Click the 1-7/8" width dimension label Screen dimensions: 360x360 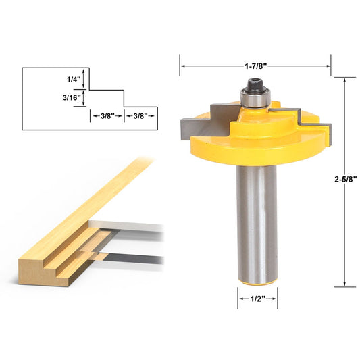(x=255, y=66)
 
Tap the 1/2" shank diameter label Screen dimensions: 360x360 (x=257, y=299)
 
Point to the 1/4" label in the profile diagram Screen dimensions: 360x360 (x=74, y=79)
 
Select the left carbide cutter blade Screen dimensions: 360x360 (x=196, y=124)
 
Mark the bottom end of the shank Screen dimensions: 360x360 (x=257, y=277)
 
